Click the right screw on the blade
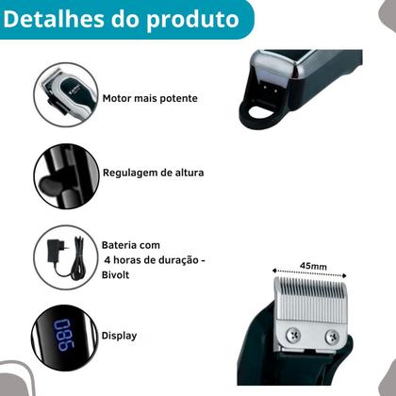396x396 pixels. (331, 337)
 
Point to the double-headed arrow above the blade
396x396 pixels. (310, 274)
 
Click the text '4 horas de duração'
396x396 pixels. (152, 257)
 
